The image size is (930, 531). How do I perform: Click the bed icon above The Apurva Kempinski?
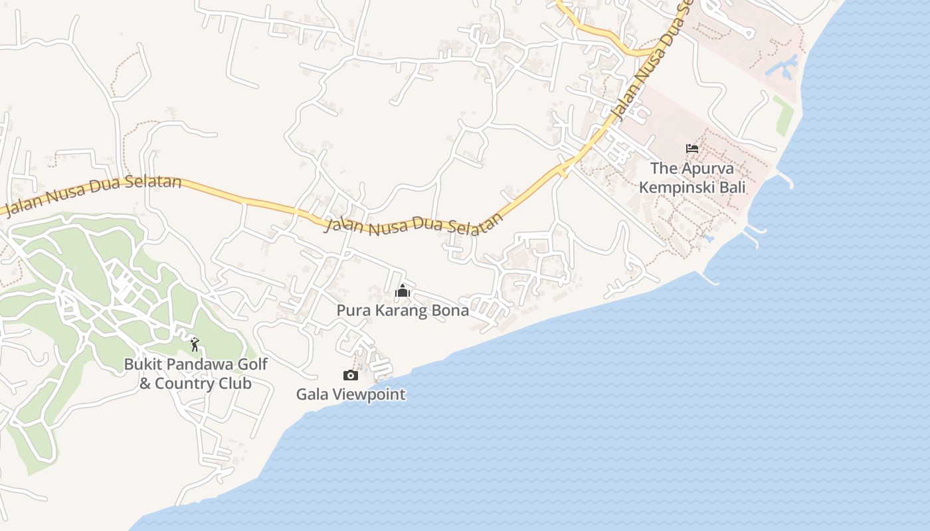coord(692,148)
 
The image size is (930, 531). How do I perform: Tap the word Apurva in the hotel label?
coord(707,169)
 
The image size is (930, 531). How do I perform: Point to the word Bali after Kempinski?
coord(734,187)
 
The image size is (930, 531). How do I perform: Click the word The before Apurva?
coord(663,169)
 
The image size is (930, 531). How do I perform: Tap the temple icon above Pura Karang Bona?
coord(403,291)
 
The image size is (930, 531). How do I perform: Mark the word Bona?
coord(452,310)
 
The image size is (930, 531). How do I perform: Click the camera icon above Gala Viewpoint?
coord(351,376)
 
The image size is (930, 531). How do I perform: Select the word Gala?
coord(312,394)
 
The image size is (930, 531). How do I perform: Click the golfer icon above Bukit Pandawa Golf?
coord(194,344)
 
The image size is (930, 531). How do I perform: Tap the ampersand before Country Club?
coord(145,384)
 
